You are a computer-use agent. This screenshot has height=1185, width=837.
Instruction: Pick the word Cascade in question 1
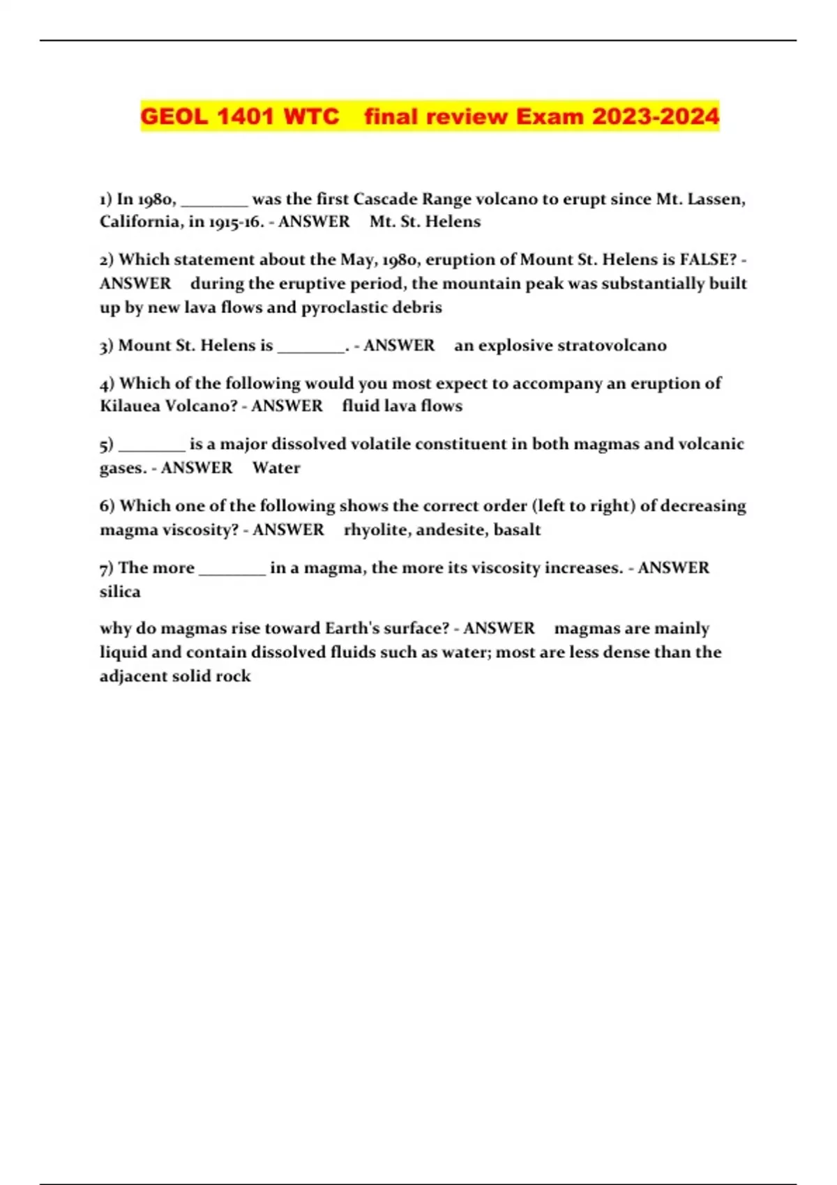click(x=386, y=199)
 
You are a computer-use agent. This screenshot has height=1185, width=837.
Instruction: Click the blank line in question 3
click(x=311, y=349)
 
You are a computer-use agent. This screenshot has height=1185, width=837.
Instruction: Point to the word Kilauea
click(x=130, y=406)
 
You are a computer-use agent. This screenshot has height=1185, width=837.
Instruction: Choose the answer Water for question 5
click(x=276, y=468)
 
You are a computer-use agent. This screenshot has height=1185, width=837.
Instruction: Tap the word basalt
click(x=517, y=530)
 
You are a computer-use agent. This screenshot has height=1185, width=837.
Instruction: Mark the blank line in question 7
click(x=232, y=572)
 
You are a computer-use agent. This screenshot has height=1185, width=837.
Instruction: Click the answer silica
click(x=120, y=592)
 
